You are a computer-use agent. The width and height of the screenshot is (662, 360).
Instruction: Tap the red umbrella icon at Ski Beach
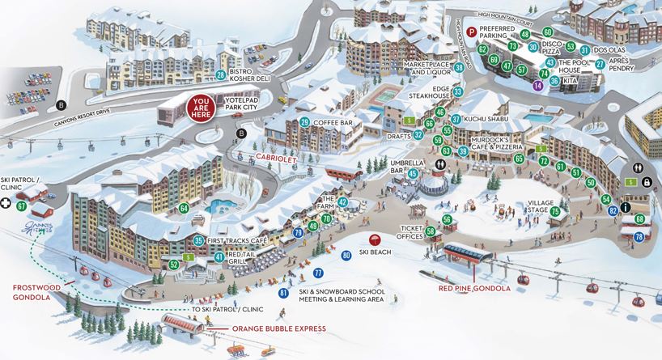375,239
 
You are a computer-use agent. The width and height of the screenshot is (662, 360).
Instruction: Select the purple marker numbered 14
538,85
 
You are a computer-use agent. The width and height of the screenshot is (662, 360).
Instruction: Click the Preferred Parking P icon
473,32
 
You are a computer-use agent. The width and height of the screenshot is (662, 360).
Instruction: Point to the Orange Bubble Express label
278,328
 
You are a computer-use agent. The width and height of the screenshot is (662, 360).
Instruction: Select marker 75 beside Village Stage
555,211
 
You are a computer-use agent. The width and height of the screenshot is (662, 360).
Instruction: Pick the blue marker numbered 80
346,256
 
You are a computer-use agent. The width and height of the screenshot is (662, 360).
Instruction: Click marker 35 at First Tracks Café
198,239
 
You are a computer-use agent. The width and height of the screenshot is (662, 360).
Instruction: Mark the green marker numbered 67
21,206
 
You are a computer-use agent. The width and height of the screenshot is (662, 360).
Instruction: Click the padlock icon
647,183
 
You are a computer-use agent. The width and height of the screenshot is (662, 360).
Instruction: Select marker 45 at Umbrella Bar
413,172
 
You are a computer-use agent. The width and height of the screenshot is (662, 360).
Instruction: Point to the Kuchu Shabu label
488,120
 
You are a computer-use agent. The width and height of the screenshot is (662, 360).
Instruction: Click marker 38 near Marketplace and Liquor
459,68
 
